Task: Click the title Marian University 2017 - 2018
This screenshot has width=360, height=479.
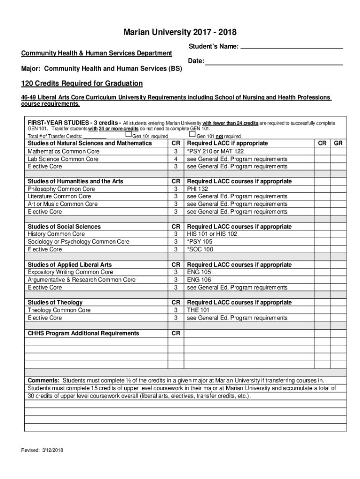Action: (180, 32)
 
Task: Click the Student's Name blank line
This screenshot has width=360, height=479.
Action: (292, 47)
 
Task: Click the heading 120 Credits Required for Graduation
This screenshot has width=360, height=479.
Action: (82, 84)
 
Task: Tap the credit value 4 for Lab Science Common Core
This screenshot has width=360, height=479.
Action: (176, 159)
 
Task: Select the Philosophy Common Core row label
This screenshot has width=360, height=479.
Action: (61, 189)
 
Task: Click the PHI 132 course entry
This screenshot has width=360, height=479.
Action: (198, 189)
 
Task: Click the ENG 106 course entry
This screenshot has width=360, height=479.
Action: (199, 280)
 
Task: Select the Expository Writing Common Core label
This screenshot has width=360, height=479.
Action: (70, 272)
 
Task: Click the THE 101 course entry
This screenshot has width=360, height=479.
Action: (198, 310)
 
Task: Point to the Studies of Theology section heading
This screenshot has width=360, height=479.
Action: (55, 303)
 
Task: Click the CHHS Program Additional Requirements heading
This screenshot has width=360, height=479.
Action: (83, 334)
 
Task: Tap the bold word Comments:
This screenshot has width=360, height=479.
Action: (43, 380)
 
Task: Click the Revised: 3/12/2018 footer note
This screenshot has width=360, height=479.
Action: (42, 450)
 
